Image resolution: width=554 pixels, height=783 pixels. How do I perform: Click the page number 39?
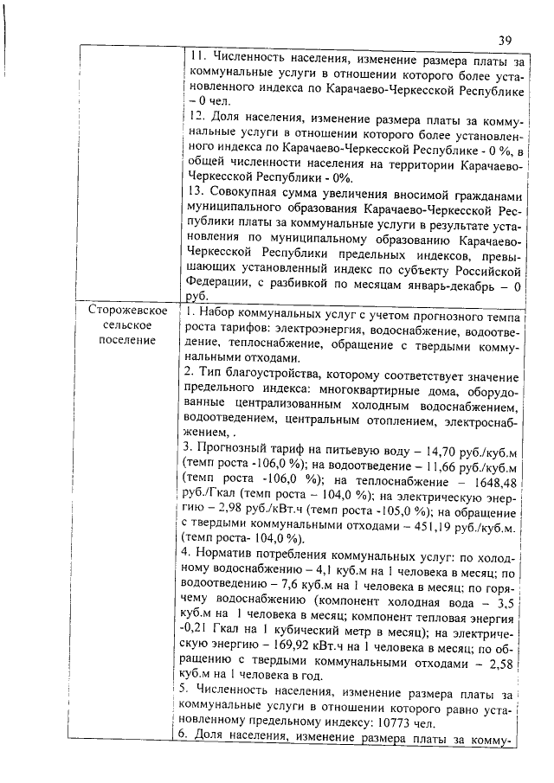click(x=508, y=39)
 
